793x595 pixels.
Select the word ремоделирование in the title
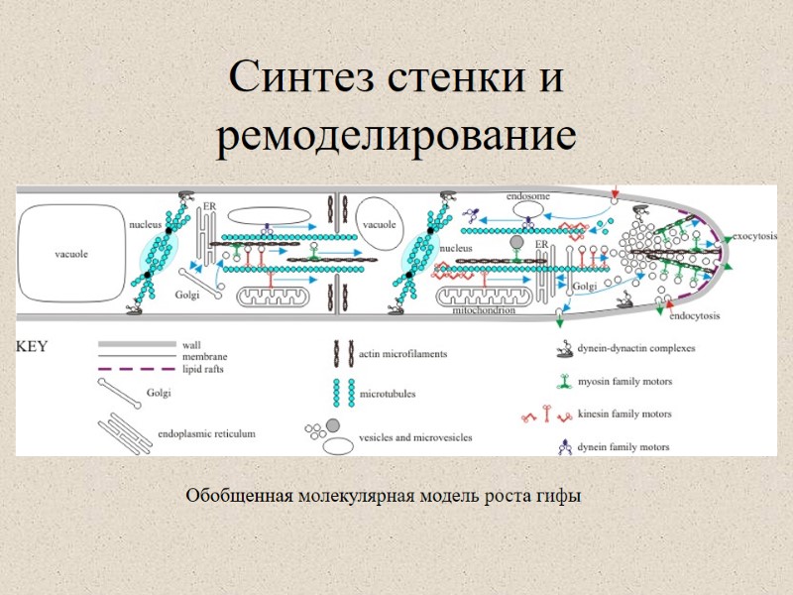[396, 138]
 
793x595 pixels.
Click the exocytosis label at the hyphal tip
[754, 238]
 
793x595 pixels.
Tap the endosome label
[528, 196]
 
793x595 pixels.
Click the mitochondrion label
[484, 310]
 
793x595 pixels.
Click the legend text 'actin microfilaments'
[402, 353]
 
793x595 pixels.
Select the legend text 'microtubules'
[387, 394]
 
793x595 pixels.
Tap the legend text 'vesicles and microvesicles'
[415, 436]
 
